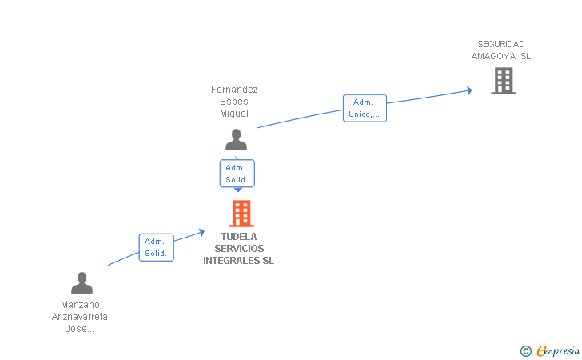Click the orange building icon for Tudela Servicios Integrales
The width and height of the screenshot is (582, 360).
[x=241, y=214]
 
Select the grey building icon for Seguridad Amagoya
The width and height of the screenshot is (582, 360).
[x=503, y=81]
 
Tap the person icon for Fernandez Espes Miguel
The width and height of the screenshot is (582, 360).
[x=236, y=140]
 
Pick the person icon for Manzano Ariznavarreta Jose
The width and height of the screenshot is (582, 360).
[x=82, y=283]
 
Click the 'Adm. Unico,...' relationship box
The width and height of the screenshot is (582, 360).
[x=365, y=108]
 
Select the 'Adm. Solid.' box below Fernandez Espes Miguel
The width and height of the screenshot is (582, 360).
[x=237, y=174]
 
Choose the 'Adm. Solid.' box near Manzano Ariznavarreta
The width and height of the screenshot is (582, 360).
[x=156, y=247]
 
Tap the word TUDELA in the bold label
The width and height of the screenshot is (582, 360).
[x=239, y=237]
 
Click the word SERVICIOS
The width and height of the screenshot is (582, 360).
[x=239, y=249]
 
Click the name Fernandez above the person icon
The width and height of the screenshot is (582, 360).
[x=234, y=90]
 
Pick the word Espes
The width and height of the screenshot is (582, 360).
[x=234, y=102]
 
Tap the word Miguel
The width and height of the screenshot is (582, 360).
[x=234, y=114]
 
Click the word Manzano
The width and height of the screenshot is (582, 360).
[x=81, y=305]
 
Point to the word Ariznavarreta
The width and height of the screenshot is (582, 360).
[x=80, y=317]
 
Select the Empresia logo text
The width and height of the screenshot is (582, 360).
[x=558, y=350]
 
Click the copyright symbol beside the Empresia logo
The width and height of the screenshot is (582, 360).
[x=525, y=350]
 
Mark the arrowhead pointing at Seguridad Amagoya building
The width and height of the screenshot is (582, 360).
[x=470, y=90]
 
